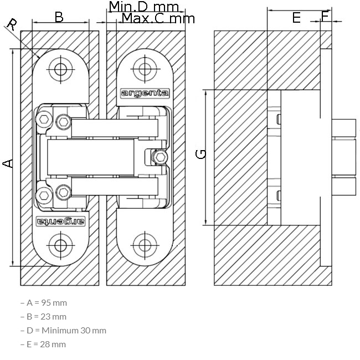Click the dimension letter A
pyautogui.click(x=8, y=163)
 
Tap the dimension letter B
pyautogui.click(x=59, y=17)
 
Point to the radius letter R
pyautogui.click(x=12, y=24)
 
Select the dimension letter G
pyautogui.click(x=200, y=154)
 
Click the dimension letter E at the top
pyautogui.click(x=296, y=18)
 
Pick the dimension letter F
pyautogui.click(x=325, y=17)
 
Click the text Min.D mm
pyautogui.click(x=144, y=7)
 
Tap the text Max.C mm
pyautogui.click(x=158, y=18)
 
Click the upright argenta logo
pyautogui.click(x=145, y=93)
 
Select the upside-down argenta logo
pyautogui.click(x=60, y=221)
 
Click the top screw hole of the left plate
pyautogui.click(x=60, y=69)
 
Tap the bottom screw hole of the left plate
pyautogui.click(x=60, y=245)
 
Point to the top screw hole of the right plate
pyautogui.click(x=145, y=69)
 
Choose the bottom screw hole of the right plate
pyautogui.click(x=145, y=245)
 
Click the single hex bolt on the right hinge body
pyautogui.click(x=160, y=157)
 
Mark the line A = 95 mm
pyautogui.click(x=44, y=303)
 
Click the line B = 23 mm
pyautogui.click(x=43, y=317)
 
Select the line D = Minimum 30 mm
pyautogui.click(x=63, y=331)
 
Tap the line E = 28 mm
pyautogui.click(x=43, y=344)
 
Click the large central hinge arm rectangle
pyautogui.click(x=90, y=157)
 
